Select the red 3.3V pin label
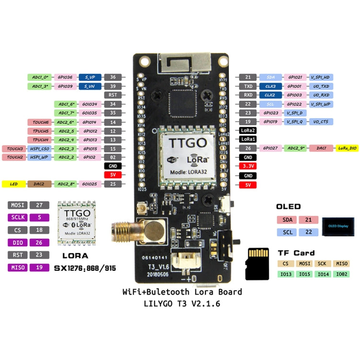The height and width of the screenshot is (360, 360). click(248, 166)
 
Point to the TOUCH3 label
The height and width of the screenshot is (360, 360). click(15, 148)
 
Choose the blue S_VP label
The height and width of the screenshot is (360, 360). click(89, 77)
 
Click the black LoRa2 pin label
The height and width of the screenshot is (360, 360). click(248, 131)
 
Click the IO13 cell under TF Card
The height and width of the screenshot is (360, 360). click(286, 274)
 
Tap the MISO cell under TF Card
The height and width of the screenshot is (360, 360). click(342, 264)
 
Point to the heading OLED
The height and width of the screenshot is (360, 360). click(288, 206)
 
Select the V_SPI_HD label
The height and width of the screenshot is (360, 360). click(320, 77)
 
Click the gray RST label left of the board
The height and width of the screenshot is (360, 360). click(113, 95)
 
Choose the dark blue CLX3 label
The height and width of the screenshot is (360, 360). click(270, 86)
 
